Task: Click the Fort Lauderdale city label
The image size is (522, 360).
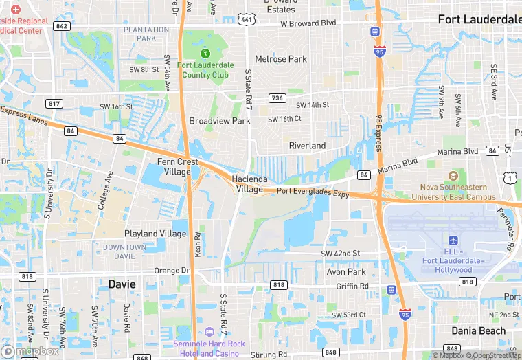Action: coord(479,19)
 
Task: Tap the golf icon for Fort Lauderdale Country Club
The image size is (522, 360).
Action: coord(204,54)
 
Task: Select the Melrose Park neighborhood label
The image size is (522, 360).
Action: coord(281,59)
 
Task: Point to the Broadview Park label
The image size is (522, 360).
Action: coord(220,121)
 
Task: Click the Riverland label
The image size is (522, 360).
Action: coord(307,146)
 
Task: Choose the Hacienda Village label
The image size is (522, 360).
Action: coord(249,183)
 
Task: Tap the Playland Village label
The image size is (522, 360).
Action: coord(155,234)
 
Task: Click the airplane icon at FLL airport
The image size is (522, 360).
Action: coord(453,240)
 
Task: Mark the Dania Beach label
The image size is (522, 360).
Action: coord(479,330)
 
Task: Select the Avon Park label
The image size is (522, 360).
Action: coord(346,271)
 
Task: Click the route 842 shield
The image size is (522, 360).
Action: coord(62,26)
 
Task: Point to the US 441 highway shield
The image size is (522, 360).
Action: coord(246,20)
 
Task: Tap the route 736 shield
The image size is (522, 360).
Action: coord(277,98)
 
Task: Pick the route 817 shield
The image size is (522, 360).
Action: coord(55,103)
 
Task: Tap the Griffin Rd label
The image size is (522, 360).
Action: coord(354,286)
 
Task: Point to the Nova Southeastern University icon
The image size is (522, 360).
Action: coord(452,177)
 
